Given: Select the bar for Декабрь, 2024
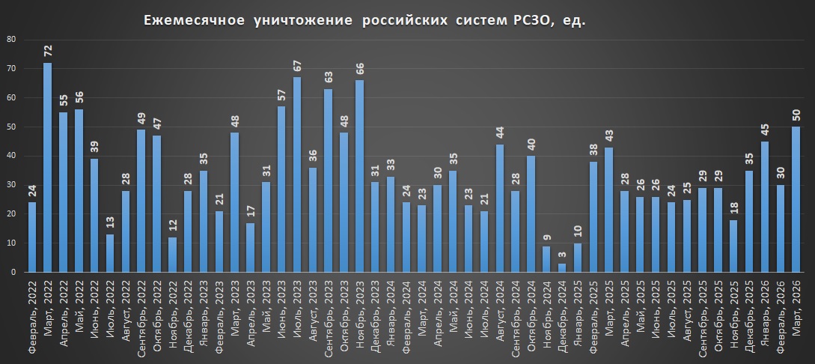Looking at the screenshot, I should coord(562,267).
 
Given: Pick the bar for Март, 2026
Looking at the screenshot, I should coord(796,199).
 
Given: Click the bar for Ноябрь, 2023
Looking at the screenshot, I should coord(359,176).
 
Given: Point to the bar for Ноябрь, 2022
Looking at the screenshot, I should coord(172,255).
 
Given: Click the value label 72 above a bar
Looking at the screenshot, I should coord(47,51).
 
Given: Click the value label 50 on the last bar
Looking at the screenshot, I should coord(796,115).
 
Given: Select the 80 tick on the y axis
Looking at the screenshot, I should coord(11,39).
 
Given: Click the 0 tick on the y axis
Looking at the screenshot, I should coord(13,273).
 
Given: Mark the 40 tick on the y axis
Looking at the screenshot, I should coord(11,156).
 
